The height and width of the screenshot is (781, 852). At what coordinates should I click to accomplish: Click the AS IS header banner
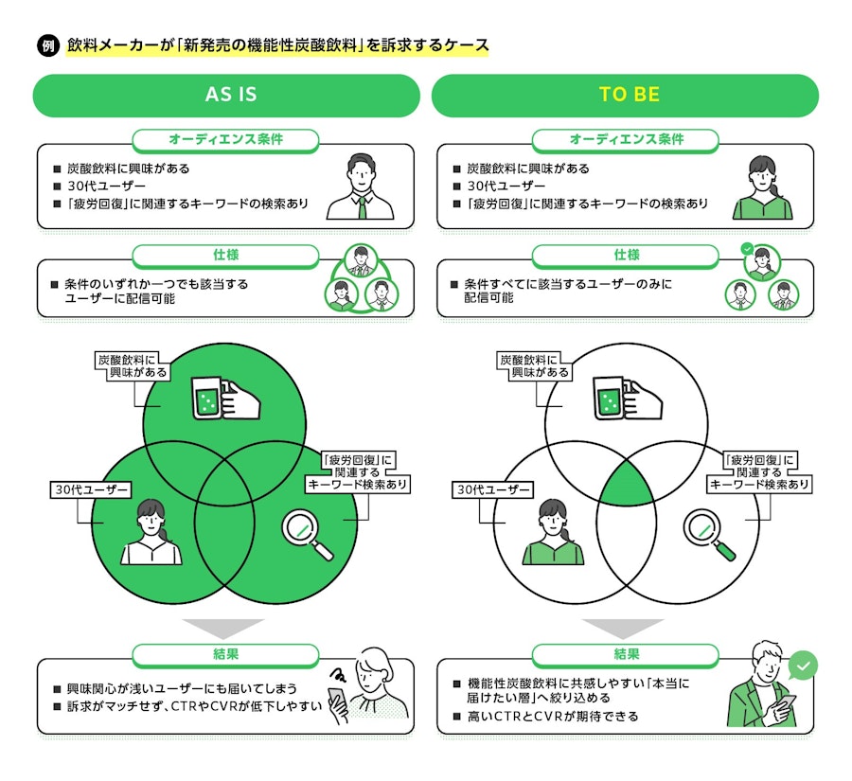click(226, 95)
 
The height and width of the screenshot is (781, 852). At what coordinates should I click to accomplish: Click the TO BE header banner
click(625, 95)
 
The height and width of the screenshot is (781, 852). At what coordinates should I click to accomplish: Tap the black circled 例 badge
click(48, 45)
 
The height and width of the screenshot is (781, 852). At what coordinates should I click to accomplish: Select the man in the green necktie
click(361, 186)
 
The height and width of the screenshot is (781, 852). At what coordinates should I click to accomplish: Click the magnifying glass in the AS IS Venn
click(307, 534)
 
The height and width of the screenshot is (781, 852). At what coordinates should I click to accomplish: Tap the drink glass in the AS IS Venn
click(207, 399)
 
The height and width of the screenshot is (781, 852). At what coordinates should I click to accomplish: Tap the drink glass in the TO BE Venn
click(609, 399)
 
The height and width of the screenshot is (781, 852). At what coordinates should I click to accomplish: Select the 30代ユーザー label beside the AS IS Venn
click(91, 489)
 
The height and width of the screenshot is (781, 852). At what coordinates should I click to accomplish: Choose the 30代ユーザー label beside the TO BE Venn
click(493, 489)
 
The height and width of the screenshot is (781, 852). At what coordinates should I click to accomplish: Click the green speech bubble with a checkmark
click(803, 666)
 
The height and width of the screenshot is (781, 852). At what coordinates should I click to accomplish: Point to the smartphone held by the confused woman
click(337, 701)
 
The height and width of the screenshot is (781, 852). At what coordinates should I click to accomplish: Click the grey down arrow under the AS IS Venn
click(223, 629)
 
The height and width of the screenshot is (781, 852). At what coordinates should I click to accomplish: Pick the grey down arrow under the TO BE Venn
click(623, 629)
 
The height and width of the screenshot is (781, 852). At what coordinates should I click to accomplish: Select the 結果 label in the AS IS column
click(225, 655)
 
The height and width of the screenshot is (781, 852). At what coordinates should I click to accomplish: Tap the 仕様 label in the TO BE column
click(626, 256)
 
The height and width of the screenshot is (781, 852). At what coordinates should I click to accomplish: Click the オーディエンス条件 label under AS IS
click(225, 140)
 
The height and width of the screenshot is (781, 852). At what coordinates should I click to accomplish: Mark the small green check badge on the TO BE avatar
click(747, 249)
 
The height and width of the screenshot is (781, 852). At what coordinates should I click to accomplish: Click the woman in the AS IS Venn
click(151, 532)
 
